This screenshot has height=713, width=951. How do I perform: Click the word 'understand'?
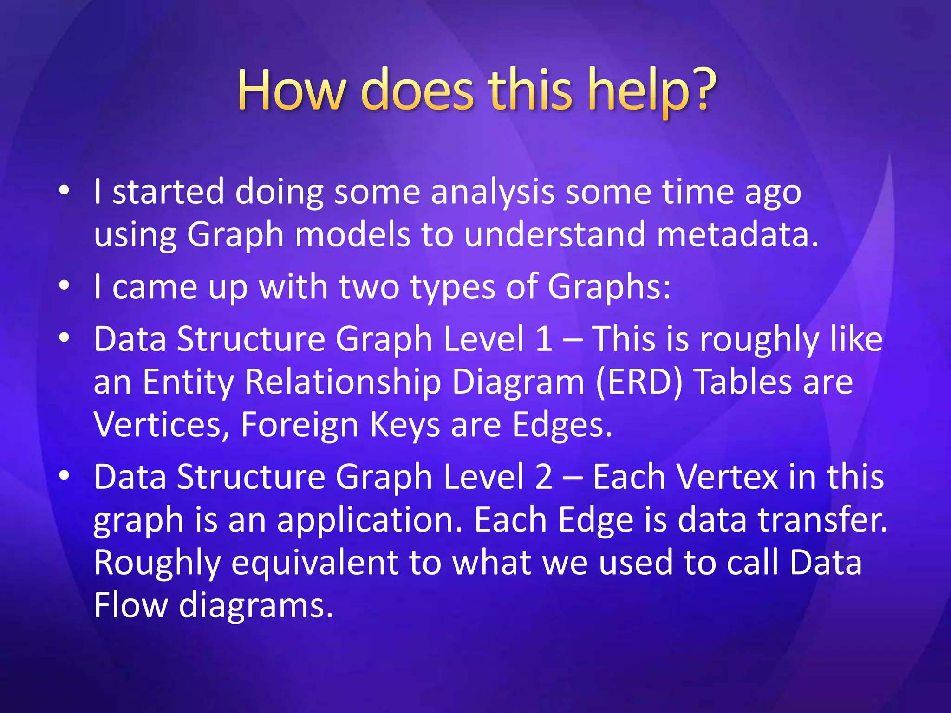click(x=554, y=234)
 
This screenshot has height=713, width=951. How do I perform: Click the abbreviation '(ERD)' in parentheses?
click(x=639, y=382)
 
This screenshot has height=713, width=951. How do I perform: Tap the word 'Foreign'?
click(x=300, y=425)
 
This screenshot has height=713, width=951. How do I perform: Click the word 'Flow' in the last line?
click(x=130, y=605)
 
